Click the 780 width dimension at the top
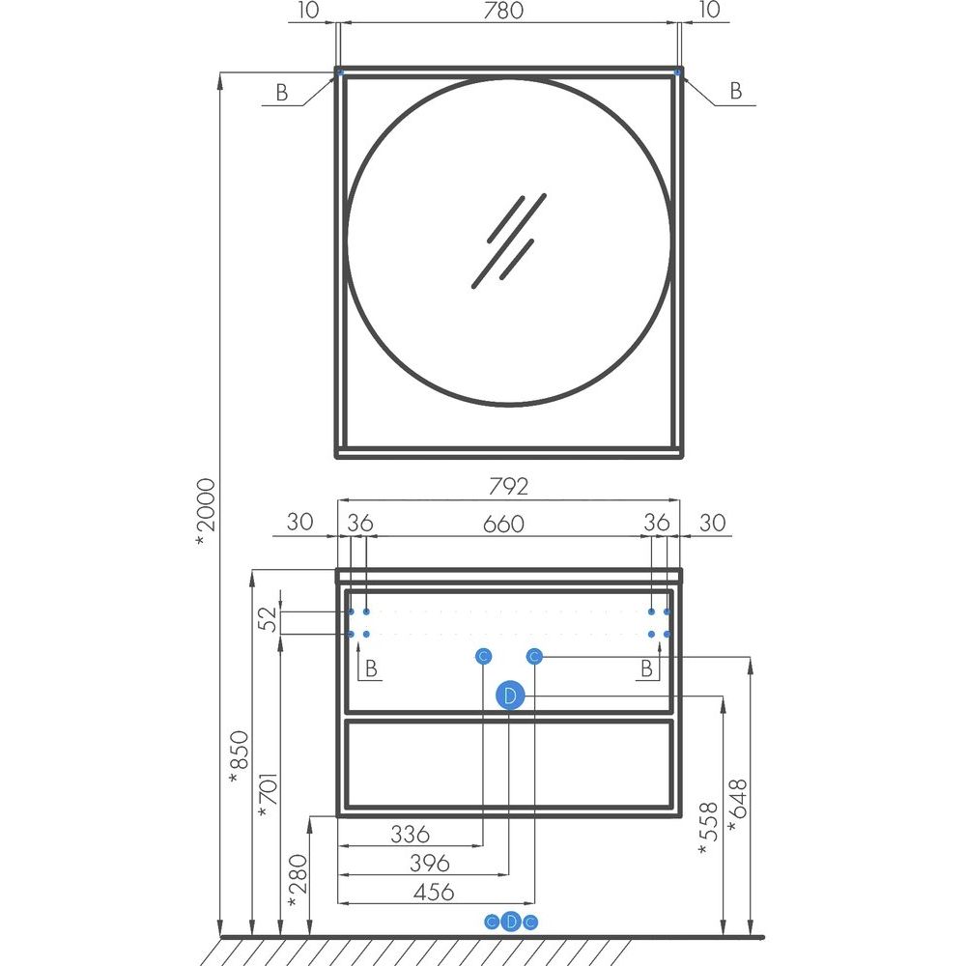503,11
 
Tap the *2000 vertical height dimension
205,513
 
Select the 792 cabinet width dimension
509,487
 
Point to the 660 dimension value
503,524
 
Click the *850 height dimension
239,757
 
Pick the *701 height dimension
269,795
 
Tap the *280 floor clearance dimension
298,881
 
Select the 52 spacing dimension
268,619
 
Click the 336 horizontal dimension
411,835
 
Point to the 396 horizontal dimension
430,863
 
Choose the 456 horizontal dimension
435,892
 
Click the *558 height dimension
708,829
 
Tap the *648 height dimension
737,806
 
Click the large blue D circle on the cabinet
510,696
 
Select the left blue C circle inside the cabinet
484,657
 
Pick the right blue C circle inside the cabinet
534,657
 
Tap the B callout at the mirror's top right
735,91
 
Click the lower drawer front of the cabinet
509,763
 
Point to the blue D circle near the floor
511,923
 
